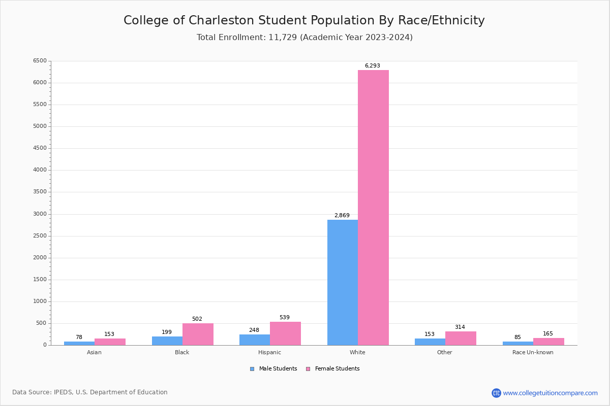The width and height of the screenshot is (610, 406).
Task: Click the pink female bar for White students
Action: pyautogui.click(x=373, y=208)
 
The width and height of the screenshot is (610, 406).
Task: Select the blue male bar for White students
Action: pyautogui.click(x=342, y=282)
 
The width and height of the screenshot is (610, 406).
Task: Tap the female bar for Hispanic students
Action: pyautogui.click(x=285, y=333)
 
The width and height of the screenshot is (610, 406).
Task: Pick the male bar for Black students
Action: pyautogui.click(x=167, y=341)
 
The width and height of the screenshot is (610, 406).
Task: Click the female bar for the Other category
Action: pyautogui.click(x=461, y=338)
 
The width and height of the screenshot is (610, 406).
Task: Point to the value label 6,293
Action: pyautogui.click(x=372, y=66)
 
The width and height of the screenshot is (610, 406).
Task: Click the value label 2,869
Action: pyautogui.click(x=342, y=216)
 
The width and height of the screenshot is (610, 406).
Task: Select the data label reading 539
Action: pyautogui.click(x=284, y=318)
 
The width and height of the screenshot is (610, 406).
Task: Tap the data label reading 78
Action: pyautogui.click(x=79, y=337)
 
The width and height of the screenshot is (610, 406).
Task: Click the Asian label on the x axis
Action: pyautogui.click(x=94, y=352)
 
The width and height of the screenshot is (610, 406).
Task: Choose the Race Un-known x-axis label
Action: pyautogui.click(x=533, y=352)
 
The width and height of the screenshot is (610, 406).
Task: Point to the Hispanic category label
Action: pyautogui.click(x=269, y=352)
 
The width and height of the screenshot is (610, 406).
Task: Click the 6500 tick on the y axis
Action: pyautogui.click(x=40, y=61)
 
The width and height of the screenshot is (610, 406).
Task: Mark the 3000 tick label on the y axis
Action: pyautogui.click(x=40, y=214)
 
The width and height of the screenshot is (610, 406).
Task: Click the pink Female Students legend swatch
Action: pyautogui.click(x=308, y=369)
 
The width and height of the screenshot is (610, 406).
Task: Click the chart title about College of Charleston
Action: pyautogui.click(x=304, y=20)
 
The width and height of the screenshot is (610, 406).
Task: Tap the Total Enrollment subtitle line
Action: pyautogui.click(x=304, y=38)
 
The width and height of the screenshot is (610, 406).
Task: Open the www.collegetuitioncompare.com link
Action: pyautogui.click(x=550, y=393)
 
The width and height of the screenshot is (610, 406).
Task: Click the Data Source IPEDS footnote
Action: pyautogui.click(x=90, y=392)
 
